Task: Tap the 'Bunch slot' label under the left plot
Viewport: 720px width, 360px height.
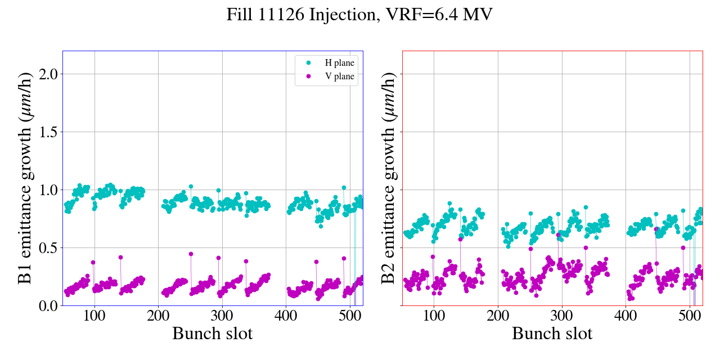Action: [x=213, y=334]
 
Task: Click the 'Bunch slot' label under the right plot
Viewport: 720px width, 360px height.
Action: [x=552, y=334]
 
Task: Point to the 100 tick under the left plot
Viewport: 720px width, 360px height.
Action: [x=94, y=316]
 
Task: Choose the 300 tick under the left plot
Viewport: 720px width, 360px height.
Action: [x=222, y=316]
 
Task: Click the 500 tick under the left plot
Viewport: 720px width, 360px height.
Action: [x=350, y=316]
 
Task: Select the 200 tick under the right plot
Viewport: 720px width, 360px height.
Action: [x=498, y=316]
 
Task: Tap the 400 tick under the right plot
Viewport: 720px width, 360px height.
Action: [x=626, y=316]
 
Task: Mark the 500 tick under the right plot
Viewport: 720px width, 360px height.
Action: [x=690, y=316]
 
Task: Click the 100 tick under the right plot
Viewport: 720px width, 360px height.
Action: [x=434, y=316]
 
